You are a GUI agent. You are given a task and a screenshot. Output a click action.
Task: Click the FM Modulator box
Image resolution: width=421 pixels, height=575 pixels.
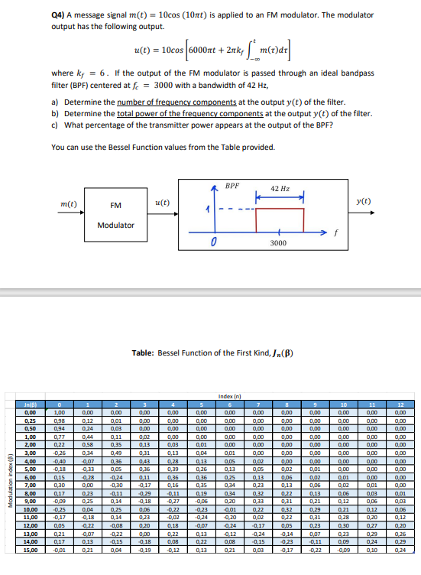[116, 214]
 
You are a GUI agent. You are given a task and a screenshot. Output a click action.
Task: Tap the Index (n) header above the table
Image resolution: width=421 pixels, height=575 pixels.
[229, 395]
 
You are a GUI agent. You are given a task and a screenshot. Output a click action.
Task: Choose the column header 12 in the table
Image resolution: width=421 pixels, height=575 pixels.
[399, 404]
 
